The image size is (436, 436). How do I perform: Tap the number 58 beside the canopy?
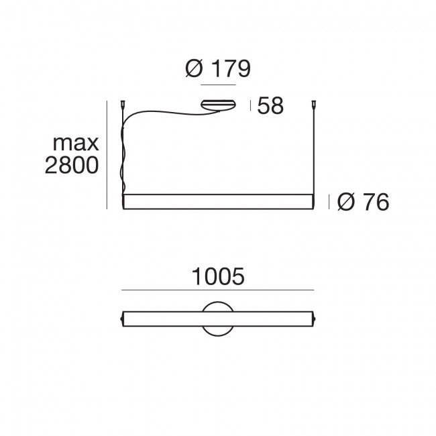tap(270, 106)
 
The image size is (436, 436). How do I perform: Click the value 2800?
tap(72, 166)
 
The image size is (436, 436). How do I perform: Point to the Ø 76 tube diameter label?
tap(364, 201)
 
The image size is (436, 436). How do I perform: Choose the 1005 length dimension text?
tap(217, 276)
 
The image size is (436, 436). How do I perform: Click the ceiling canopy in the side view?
tap(217, 104)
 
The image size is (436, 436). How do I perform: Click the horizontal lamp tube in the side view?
tap(217, 201)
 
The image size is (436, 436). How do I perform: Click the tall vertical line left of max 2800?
tap(107, 154)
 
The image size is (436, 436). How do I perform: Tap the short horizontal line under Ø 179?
tap(217, 87)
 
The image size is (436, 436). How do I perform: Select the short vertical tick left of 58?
tap(250, 105)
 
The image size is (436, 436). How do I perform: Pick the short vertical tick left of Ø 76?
tap(328, 201)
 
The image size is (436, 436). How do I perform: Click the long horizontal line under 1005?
tap(217, 290)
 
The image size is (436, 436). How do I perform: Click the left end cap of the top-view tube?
tap(122, 318)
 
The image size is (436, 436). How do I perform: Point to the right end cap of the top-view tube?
tap(313, 318)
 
